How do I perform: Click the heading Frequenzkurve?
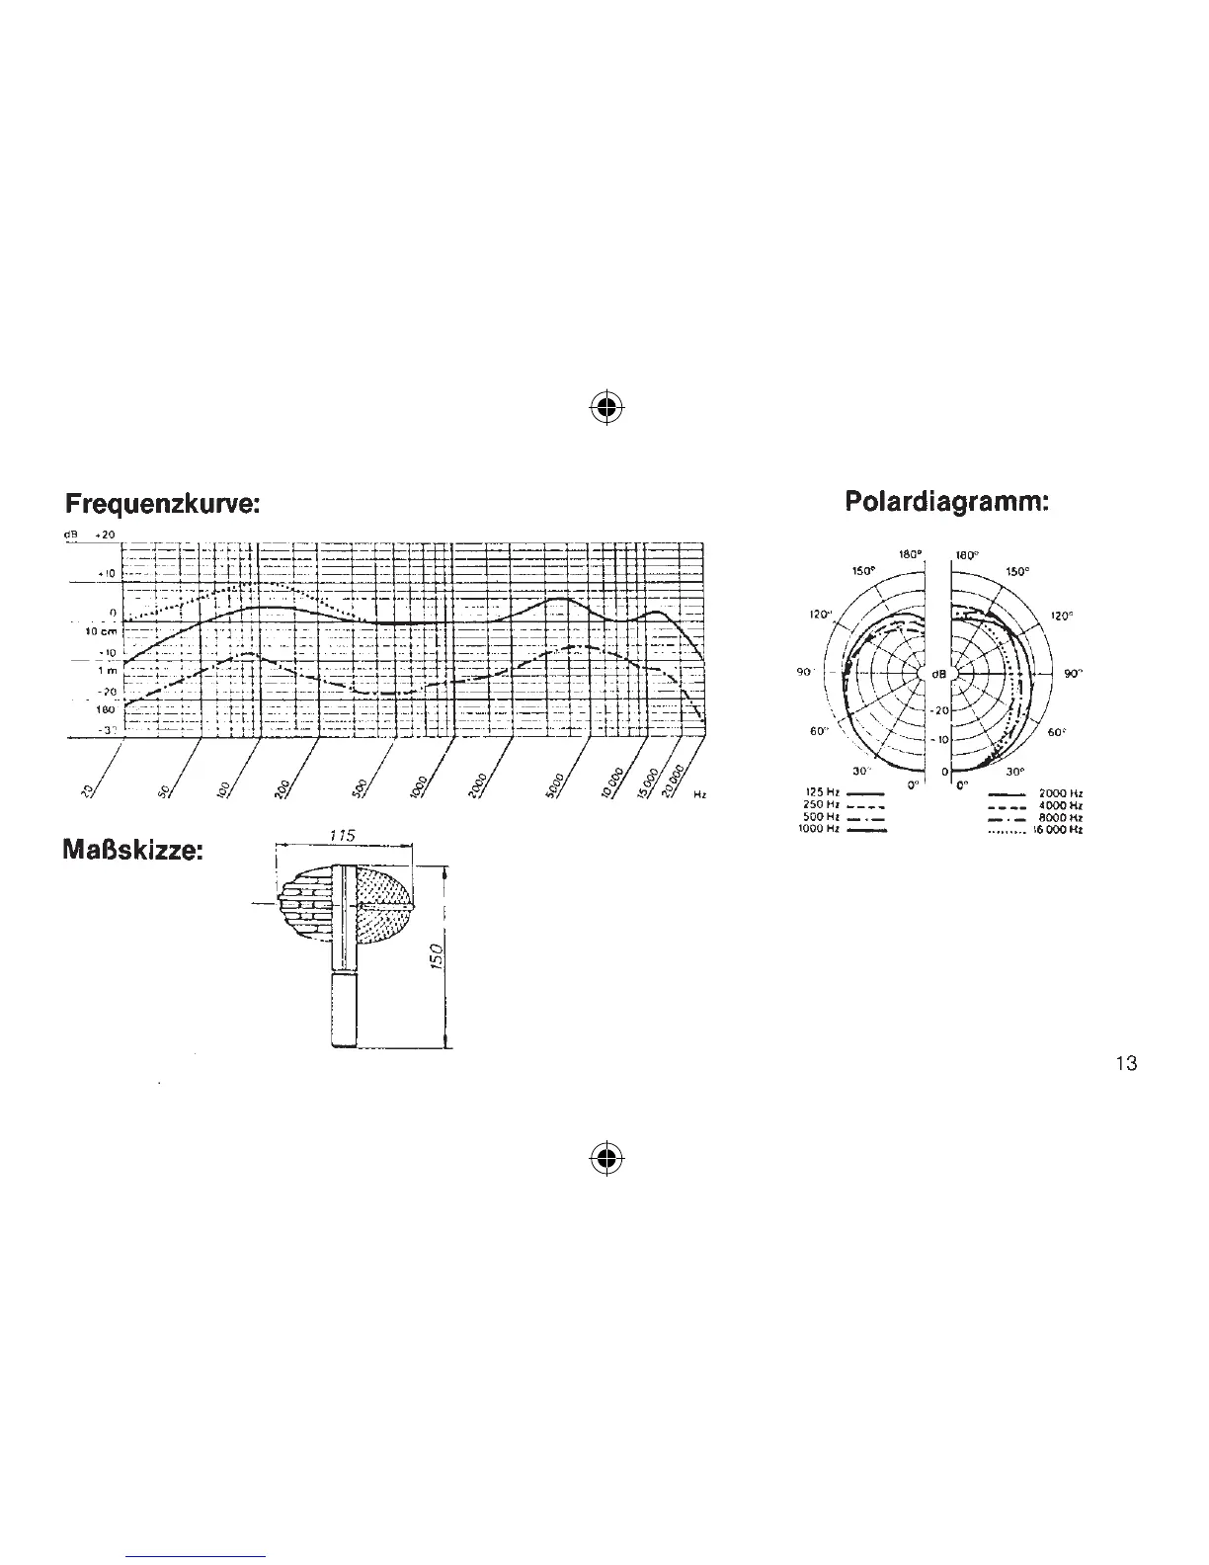pos(163,505)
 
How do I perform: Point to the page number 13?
pos(1126,1063)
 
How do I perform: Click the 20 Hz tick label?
pos(87,788)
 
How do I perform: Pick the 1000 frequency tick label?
pos(418,785)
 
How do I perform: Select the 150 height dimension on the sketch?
pos(438,955)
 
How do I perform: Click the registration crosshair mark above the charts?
pos(607,407)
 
